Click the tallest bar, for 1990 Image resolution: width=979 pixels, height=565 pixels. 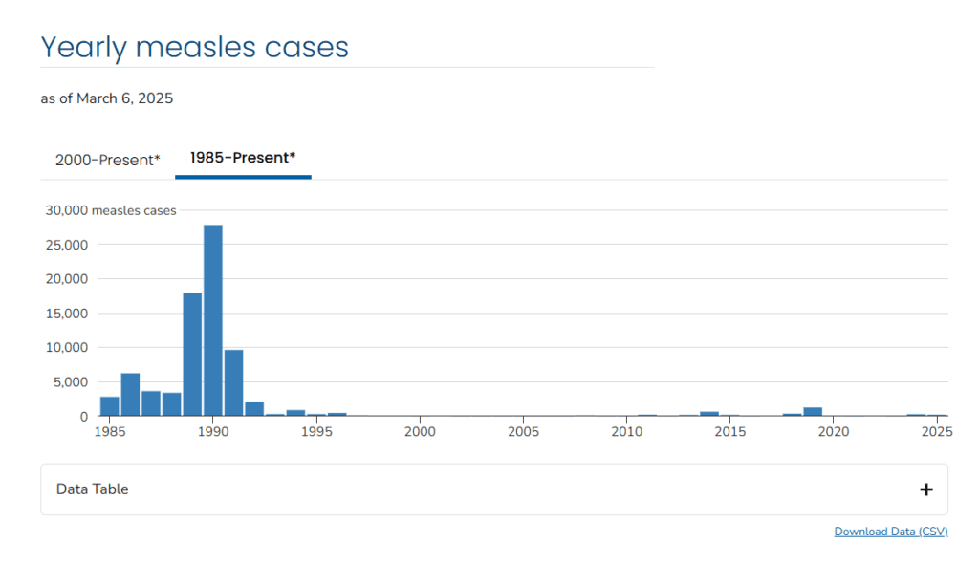point(213,320)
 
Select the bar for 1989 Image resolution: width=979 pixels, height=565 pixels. point(192,354)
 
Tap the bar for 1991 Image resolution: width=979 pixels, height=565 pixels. point(234,382)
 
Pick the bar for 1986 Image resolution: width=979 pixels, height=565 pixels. point(130,394)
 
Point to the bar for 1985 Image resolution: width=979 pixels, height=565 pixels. point(110,406)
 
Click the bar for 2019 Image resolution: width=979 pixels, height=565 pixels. point(813,412)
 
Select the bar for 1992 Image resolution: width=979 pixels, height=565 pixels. point(254,409)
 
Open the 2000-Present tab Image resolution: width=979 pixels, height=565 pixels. point(108,160)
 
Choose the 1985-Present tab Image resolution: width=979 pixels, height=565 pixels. point(243,158)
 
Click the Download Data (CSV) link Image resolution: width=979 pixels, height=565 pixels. point(891,532)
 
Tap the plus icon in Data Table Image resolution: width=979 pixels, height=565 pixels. point(925,489)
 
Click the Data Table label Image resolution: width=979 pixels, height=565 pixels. point(93,489)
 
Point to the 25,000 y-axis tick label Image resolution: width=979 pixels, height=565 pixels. point(67,245)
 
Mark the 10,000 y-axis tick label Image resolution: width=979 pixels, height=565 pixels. point(67,348)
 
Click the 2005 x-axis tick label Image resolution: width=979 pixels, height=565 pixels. point(523,432)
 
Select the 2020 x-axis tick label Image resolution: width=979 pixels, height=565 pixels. point(834,432)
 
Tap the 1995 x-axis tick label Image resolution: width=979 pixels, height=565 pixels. point(316,432)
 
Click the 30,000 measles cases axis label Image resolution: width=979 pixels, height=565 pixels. point(111,210)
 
